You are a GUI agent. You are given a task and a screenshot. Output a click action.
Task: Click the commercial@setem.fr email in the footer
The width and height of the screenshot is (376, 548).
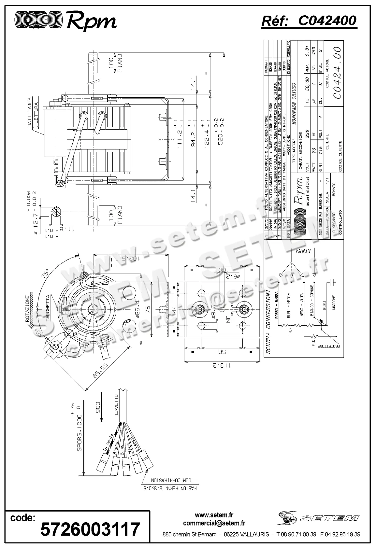click(x=214, y=523)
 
